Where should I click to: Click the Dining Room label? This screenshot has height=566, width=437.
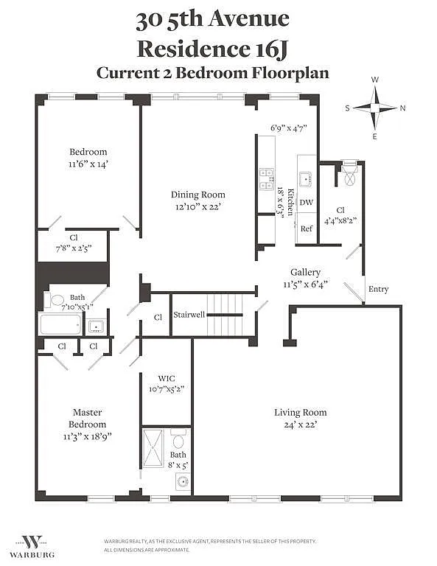(197, 195)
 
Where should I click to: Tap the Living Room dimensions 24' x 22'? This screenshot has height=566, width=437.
(300, 424)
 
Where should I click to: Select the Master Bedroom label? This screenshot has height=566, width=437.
(88, 418)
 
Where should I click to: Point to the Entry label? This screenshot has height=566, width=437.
(378, 289)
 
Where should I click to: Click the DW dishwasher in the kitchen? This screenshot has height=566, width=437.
(306, 202)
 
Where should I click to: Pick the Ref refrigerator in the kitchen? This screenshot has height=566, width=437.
(307, 228)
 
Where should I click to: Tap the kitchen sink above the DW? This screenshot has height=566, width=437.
(306, 179)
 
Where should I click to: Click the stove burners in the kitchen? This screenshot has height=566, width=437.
(266, 179)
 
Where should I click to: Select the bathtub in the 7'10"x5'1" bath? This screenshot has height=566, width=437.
(60, 324)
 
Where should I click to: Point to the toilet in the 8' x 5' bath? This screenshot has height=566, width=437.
(178, 439)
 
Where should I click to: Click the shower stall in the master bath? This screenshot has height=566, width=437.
(153, 447)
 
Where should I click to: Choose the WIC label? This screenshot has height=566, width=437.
(167, 378)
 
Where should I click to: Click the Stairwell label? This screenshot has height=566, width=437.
(189, 315)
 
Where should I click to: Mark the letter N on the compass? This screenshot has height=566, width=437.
(402, 108)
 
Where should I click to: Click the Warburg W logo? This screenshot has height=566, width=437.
(32, 542)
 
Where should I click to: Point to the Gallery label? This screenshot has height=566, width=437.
(305, 273)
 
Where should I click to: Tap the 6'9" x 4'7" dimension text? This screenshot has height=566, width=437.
(289, 127)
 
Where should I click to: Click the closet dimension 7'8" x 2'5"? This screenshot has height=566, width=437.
(74, 248)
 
